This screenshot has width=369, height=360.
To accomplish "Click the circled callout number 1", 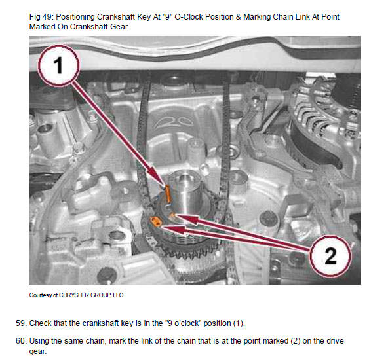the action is pos(58,65).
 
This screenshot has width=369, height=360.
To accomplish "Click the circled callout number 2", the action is pos(330,256).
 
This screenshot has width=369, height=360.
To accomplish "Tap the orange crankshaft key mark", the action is pos(168,194).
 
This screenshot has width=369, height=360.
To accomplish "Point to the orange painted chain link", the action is pos(155,222).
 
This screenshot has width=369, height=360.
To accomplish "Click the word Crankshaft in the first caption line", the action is pos(115,17).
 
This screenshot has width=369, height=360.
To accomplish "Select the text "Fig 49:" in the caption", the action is pos(42,17).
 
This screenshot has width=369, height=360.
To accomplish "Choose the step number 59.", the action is pos(20,323).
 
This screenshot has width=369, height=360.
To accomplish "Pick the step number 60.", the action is pos(20,341).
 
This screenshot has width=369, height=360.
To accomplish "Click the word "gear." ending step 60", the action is pos(38,351).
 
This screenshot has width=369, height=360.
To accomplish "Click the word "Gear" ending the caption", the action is pos(119,27).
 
